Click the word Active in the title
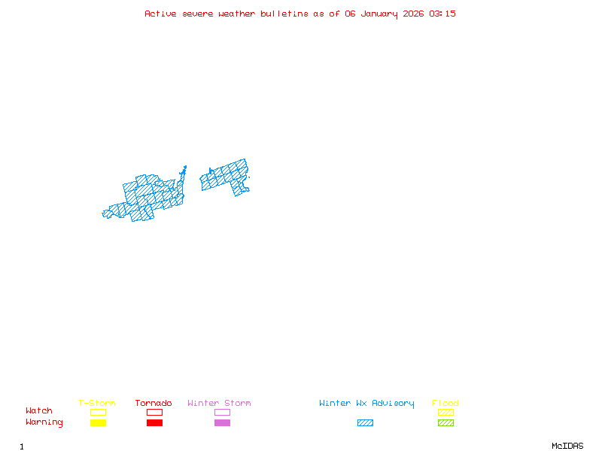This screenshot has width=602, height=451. coord(160,14)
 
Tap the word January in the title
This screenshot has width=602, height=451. coord(379,14)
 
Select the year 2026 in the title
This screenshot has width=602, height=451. coord(413,14)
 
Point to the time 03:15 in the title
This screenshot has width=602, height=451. coord(443,14)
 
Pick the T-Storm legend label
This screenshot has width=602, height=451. coord(97,403)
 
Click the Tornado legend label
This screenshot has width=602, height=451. coord(154,403)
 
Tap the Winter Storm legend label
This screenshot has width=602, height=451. coord(219,403)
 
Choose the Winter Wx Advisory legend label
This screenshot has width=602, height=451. coord(366,403)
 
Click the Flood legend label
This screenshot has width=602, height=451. coord(445,403)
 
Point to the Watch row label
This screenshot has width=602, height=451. coord(39,411)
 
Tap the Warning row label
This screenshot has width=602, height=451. coord(44,422)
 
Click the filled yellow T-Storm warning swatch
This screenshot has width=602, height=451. coord(98,422)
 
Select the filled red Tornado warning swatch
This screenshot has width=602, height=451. coord(154,422)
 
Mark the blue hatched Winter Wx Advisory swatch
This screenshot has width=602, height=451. coord(365,422)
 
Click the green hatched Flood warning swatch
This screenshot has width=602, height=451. coord(445,422)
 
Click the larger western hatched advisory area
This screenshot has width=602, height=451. coord(150,197)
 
